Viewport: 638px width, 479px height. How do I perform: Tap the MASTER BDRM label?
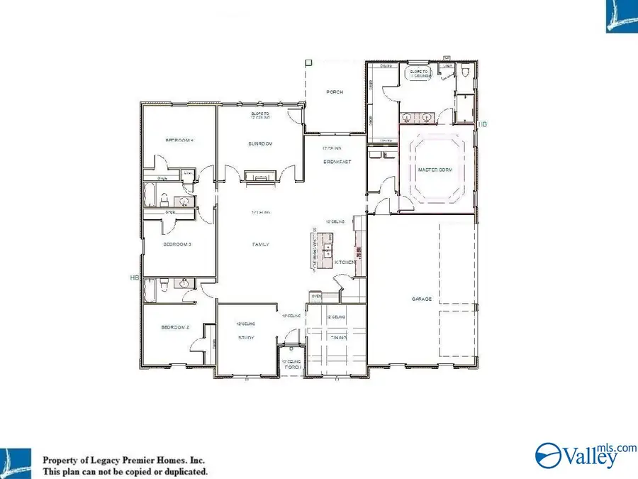[x=435, y=170]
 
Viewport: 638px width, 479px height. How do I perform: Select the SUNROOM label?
[x=260, y=144]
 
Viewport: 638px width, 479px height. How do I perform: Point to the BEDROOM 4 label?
[x=179, y=141]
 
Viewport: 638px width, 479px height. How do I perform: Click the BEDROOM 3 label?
[x=178, y=244]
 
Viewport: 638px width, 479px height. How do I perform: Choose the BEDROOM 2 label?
[x=176, y=328]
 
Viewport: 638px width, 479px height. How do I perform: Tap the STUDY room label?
[x=246, y=338]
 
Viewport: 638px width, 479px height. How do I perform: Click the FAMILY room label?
[x=260, y=244]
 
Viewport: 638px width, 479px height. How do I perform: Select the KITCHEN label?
[x=345, y=263]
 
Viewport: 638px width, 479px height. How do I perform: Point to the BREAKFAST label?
[x=337, y=162]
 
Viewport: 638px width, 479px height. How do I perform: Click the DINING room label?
[x=337, y=338]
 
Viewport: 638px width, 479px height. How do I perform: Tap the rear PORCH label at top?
[x=335, y=92]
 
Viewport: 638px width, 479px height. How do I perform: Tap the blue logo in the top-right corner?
[x=621, y=16]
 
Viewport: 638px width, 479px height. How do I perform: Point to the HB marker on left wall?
[x=134, y=277]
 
